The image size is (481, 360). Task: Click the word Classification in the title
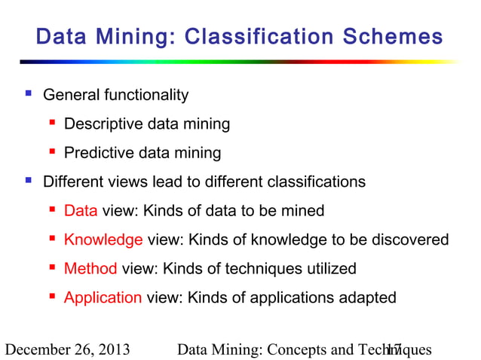261,36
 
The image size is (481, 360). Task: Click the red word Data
80,211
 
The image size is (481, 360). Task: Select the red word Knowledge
103,239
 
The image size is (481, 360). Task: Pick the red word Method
90,268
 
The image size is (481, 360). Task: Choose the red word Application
103,297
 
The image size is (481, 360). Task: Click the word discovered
410,239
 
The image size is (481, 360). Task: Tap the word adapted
367,297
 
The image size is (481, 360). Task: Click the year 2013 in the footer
112,349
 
